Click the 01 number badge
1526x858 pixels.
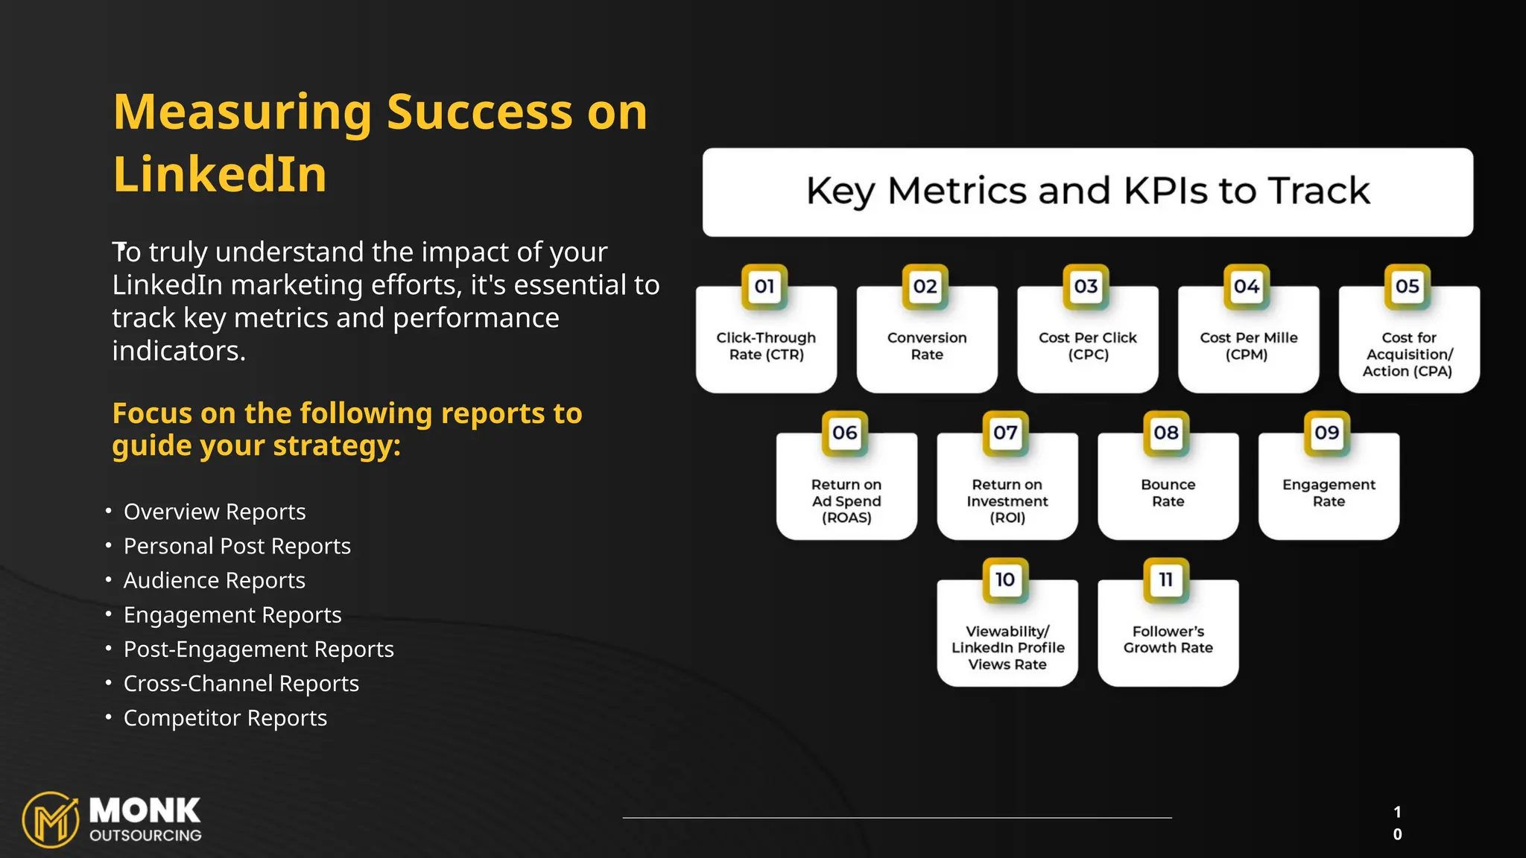tap(764, 287)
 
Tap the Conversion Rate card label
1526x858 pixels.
tap(927, 346)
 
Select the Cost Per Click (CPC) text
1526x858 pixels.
tap(1088, 346)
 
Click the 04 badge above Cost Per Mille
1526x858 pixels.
tap(1247, 287)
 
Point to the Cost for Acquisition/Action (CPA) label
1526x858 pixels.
tap(1408, 355)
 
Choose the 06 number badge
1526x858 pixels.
tap(845, 433)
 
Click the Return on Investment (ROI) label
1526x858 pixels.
tap(1007, 501)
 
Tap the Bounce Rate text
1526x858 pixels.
tap(1168, 493)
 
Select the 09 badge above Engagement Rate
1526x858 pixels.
tap(1327, 433)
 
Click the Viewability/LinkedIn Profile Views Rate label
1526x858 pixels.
tap(1007, 648)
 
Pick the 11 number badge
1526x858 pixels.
tap(1166, 580)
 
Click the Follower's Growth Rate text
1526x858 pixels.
tap(1168, 640)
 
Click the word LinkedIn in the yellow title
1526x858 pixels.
tap(220, 175)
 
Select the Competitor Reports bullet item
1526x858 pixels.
tap(225, 718)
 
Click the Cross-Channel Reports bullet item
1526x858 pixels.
tap(241, 684)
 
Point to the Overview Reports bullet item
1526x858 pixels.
tap(215, 512)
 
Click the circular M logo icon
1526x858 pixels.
tap(51, 820)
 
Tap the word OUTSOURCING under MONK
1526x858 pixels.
tap(145, 836)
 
